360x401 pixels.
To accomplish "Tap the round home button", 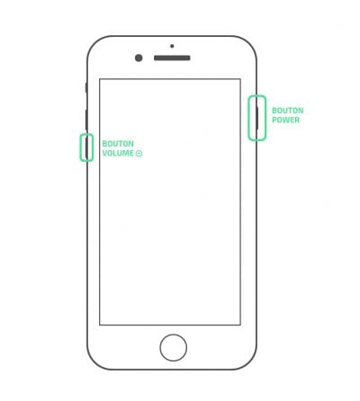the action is [174, 348].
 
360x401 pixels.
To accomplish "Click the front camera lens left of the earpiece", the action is [139, 58].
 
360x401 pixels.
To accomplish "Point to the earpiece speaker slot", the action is [172, 58].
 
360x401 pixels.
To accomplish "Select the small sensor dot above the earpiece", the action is [172, 46].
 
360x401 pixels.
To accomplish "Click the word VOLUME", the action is [118, 153].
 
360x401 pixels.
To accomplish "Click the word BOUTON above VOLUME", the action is [118, 144].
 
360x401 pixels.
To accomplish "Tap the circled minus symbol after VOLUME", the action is [139, 154].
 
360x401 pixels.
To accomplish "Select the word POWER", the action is [285, 120].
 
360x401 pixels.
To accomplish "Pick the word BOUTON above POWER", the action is [288, 111].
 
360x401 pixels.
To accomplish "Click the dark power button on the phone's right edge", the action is [257, 119].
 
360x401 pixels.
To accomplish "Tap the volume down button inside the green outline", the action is [86, 147].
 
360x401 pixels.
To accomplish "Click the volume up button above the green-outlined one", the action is [86, 120].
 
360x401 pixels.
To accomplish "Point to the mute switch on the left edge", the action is [86, 88].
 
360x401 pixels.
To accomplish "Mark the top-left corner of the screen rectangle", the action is [100, 79].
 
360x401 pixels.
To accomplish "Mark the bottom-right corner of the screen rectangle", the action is [240, 325].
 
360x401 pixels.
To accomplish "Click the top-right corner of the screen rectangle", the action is [240, 79].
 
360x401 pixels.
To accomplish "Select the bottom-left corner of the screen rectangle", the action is [100, 325].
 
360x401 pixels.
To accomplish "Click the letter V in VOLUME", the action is [105, 153].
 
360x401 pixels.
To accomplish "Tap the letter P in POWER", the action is [274, 120].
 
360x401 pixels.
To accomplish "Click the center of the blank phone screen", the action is [170, 202].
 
